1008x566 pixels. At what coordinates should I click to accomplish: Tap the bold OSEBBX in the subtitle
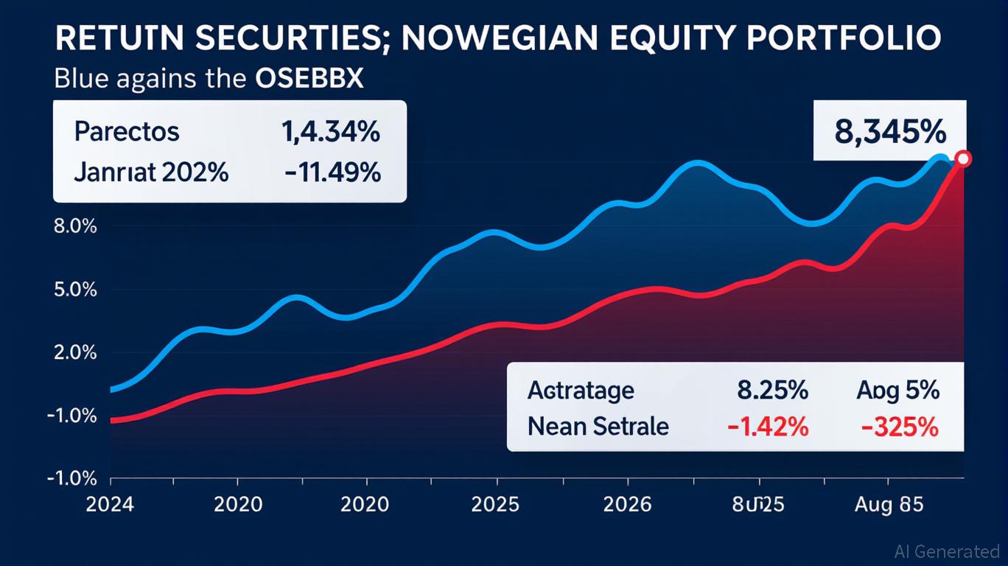tap(309, 79)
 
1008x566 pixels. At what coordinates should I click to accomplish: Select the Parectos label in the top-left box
tap(127, 132)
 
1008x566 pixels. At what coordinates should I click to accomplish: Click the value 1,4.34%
tap(331, 132)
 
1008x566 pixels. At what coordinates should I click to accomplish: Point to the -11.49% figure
tap(333, 172)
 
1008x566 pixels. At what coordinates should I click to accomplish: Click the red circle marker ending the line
tap(962, 159)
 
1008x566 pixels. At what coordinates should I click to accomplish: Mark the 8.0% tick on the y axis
tap(75, 227)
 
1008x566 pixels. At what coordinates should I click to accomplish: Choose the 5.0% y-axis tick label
tap(75, 290)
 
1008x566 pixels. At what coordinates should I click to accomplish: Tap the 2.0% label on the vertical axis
tap(75, 352)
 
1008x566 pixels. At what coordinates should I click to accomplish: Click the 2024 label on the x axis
tap(110, 505)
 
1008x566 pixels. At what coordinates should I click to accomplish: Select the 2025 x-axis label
tap(496, 505)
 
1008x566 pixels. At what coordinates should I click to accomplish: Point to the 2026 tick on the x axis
tap(627, 505)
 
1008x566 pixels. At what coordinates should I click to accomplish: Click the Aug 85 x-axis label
tap(888, 505)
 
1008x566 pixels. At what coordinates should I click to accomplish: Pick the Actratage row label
tap(581, 390)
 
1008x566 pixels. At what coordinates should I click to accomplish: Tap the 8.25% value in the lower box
tap(771, 390)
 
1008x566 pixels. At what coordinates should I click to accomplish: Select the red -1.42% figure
tap(767, 427)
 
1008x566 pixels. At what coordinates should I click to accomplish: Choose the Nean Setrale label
tap(598, 427)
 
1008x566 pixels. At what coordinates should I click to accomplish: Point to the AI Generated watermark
tap(946, 551)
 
